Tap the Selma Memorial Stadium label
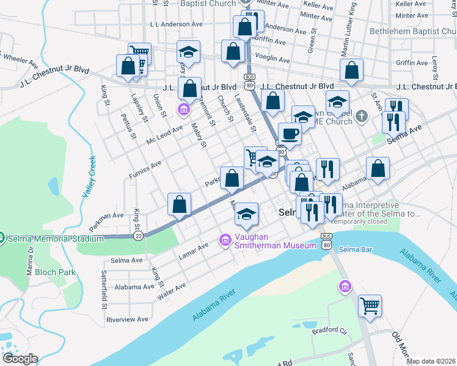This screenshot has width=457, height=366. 56,239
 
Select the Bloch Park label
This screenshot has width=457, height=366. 55,272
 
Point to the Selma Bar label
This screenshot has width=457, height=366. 356,249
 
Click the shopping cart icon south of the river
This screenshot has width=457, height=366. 370,306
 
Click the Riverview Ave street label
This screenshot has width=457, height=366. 128,319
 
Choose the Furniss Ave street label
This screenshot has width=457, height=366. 145,170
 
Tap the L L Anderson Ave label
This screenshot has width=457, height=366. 176,24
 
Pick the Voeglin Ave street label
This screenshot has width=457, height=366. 272,60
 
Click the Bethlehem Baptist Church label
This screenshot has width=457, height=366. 413,30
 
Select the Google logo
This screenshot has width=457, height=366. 20,359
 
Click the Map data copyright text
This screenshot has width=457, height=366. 431,361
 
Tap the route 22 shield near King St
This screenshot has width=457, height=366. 139,235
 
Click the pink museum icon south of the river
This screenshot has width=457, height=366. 345,286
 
